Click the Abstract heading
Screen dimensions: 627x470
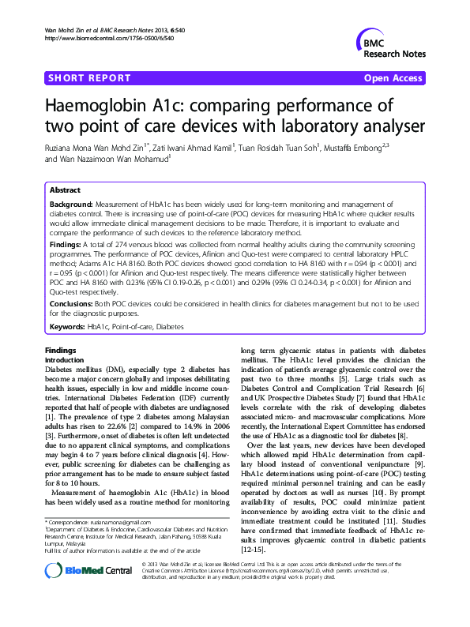coord(65,190)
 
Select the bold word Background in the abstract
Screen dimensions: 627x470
coord(71,204)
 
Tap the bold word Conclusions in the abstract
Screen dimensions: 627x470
coord(73,303)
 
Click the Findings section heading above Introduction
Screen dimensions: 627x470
coord(61,349)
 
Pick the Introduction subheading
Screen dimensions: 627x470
coord(67,359)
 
